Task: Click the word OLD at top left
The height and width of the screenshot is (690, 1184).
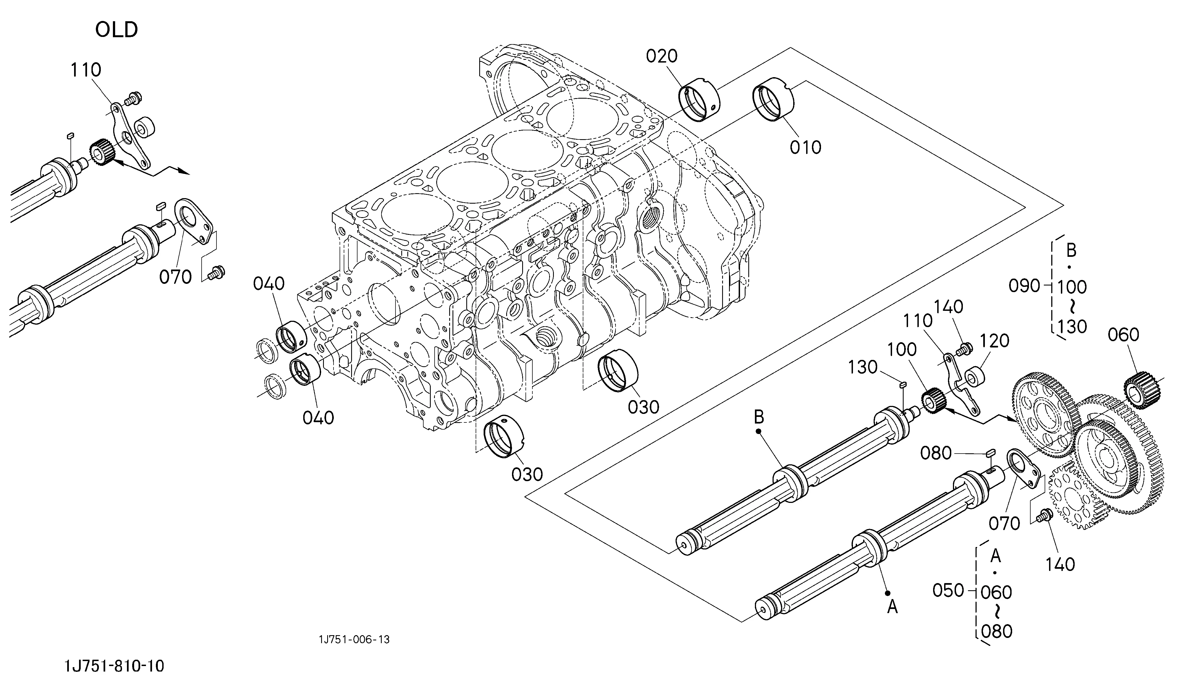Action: [x=116, y=29]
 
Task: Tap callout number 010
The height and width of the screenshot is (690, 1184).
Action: [x=805, y=148]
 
